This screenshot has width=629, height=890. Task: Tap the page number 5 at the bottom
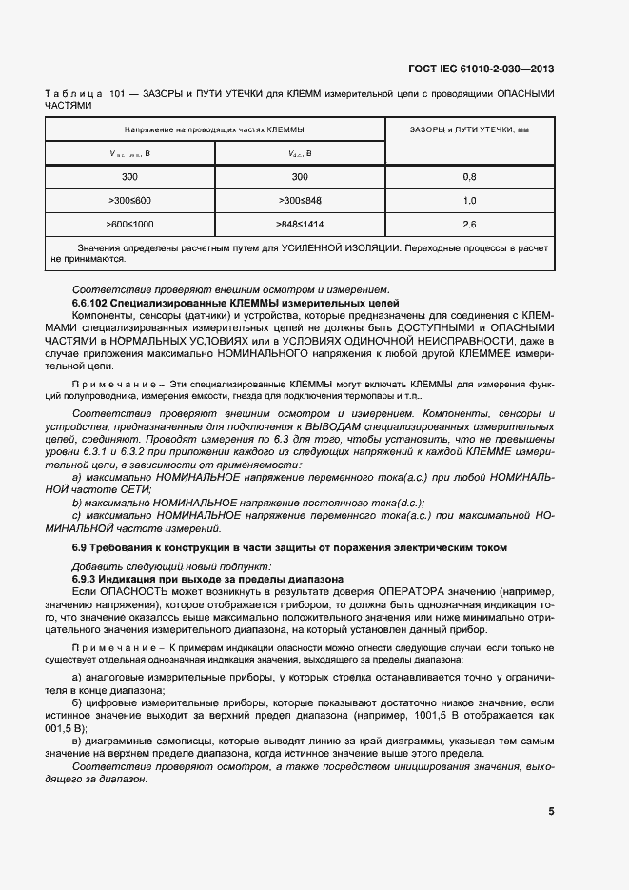pyautogui.click(x=551, y=812)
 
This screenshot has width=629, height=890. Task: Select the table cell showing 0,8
pyautogui.click(x=468, y=177)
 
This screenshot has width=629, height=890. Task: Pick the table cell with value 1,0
pyautogui.click(x=468, y=201)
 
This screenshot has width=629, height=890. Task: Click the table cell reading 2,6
pyautogui.click(x=468, y=225)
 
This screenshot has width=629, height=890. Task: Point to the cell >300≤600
pyautogui.click(x=129, y=201)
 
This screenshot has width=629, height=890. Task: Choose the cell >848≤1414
pyautogui.click(x=300, y=225)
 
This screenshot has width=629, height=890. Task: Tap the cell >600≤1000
pyautogui.click(x=129, y=225)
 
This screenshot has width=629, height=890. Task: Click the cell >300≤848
pyautogui.click(x=300, y=201)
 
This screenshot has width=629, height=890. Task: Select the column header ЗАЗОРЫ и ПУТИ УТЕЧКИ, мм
pyautogui.click(x=468, y=129)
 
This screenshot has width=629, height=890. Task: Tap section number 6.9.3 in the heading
pyautogui.click(x=90, y=579)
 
